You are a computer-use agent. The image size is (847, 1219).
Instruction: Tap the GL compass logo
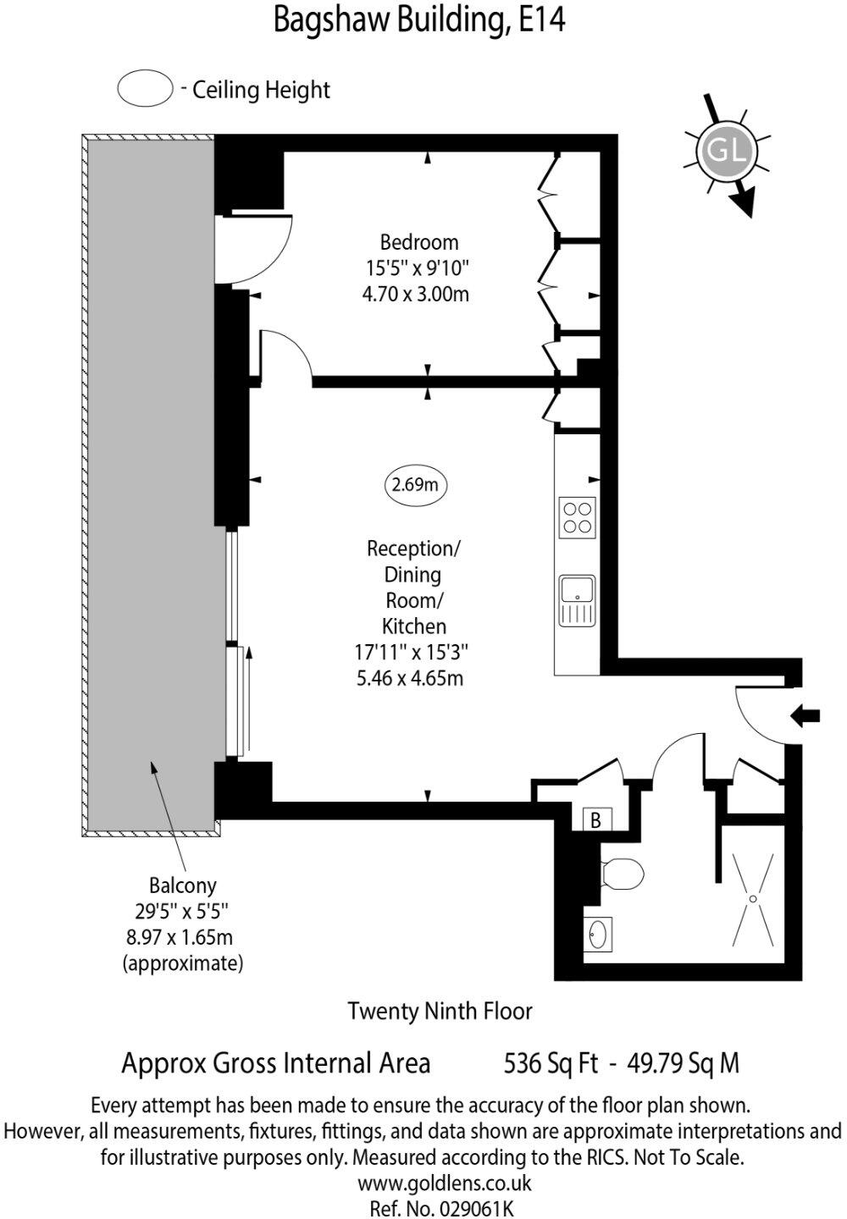(x=726, y=152)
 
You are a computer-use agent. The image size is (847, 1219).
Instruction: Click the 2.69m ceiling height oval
(x=415, y=485)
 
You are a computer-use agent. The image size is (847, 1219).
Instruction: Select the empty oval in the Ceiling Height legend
(x=145, y=89)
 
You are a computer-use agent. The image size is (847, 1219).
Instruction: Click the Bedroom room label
(x=418, y=242)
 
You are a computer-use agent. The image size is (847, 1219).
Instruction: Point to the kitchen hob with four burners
(x=577, y=518)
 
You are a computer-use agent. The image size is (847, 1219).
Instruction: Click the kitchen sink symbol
(x=577, y=601)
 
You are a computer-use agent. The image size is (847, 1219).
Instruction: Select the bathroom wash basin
(x=599, y=935)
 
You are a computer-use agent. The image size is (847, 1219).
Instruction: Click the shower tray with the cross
(x=752, y=899)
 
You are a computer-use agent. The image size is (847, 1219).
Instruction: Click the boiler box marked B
(x=596, y=819)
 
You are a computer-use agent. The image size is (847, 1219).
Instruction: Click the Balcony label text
(x=182, y=885)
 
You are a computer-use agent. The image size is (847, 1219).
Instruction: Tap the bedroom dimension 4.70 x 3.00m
(x=415, y=295)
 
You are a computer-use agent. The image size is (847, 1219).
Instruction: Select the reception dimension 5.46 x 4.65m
(x=410, y=678)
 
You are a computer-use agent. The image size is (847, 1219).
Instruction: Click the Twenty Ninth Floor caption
(x=440, y=1010)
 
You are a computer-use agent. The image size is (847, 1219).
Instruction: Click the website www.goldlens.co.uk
(x=444, y=1183)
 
